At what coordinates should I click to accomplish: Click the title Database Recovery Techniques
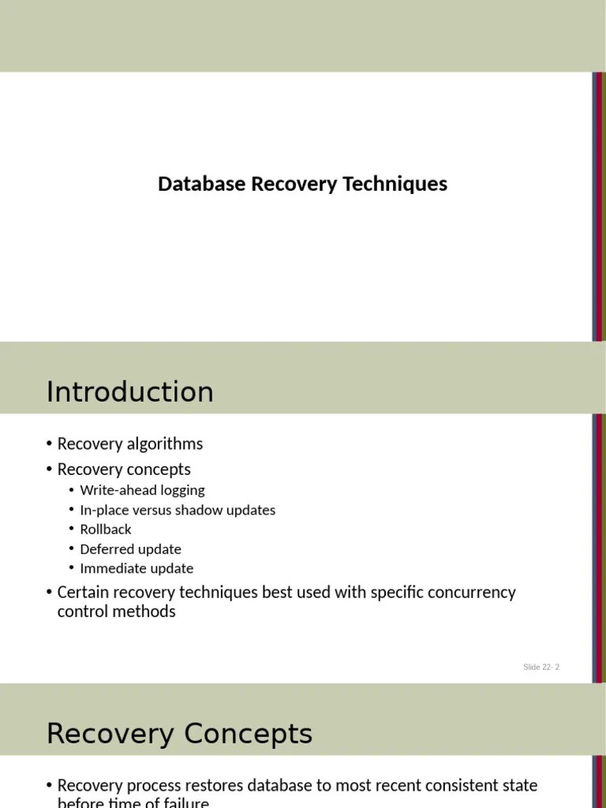click(302, 184)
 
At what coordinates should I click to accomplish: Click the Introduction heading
click(129, 391)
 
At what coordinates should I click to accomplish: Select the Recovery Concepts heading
click(179, 734)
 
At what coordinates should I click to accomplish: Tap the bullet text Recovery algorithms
click(130, 443)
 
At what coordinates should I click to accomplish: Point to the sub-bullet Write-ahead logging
click(142, 490)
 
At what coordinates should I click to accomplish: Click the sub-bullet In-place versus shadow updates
click(178, 510)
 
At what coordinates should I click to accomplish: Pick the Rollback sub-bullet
click(106, 529)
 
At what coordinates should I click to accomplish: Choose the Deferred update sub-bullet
click(130, 549)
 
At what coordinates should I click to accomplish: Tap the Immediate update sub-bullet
click(137, 568)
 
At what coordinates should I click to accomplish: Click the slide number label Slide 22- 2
click(541, 668)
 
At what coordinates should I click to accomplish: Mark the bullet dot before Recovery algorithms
click(50, 444)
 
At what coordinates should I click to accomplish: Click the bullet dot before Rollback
click(72, 529)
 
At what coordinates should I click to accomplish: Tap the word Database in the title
click(201, 184)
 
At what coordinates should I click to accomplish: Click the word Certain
click(83, 592)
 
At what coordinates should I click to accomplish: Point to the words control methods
click(117, 612)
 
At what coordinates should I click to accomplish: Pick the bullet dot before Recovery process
click(50, 786)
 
